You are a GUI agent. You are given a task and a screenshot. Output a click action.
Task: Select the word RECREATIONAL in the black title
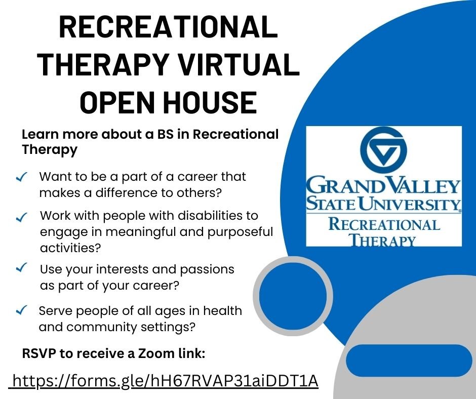click(169, 28)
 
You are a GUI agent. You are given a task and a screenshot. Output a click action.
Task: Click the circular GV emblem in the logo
click(384, 149)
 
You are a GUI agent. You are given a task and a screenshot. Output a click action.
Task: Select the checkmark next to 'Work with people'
click(22, 217)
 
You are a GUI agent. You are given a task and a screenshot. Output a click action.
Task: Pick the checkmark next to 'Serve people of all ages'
click(22, 310)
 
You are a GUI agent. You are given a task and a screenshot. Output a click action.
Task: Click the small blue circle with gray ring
click(293, 294)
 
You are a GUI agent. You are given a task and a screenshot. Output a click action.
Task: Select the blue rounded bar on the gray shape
click(409, 361)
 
